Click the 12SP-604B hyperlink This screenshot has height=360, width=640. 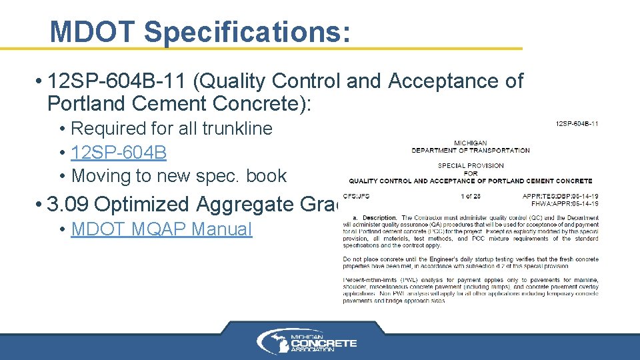click(x=118, y=152)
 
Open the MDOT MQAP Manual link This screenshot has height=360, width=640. click(x=161, y=229)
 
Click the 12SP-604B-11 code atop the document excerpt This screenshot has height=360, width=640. click(x=577, y=123)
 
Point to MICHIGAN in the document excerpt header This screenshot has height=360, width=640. click(x=470, y=143)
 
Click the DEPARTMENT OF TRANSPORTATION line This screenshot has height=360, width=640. click(x=470, y=150)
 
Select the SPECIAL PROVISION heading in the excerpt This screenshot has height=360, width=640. click(x=470, y=165)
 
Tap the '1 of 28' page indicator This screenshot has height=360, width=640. click(x=471, y=196)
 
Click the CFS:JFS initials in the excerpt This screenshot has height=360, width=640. click(x=356, y=196)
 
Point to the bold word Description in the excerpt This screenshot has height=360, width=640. click(x=380, y=218)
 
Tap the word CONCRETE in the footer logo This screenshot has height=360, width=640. click(x=327, y=343)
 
